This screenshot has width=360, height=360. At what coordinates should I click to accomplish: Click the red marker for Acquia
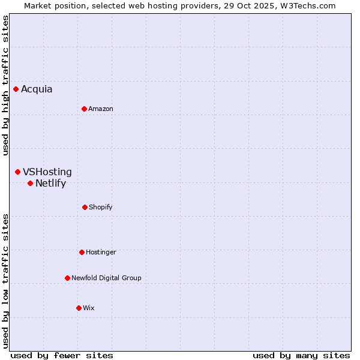(16, 89)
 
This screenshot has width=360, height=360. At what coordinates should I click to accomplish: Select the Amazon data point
(85, 109)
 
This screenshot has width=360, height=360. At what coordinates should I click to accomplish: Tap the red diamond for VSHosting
(18, 172)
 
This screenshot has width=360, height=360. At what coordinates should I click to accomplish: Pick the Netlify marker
(31, 183)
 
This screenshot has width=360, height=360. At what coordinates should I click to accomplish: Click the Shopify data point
(85, 207)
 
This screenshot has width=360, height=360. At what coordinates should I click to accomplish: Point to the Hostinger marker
(82, 252)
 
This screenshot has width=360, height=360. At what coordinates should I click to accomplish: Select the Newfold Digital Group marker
(68, 278)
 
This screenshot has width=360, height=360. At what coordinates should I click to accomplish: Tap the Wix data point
(79, 308)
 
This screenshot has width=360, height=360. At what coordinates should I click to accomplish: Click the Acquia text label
(37, 89)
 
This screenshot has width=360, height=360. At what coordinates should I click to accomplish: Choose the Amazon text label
(101, 109)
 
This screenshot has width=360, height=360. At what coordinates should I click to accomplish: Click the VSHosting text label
(47, 172)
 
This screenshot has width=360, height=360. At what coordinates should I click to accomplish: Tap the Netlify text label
(50, 184)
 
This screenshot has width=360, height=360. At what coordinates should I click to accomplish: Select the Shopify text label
(101, 207)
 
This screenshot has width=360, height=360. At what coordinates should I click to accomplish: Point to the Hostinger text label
(101, 252)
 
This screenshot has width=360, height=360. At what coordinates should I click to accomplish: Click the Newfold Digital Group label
(106, 278)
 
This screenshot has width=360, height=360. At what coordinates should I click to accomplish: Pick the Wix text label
(89, 308)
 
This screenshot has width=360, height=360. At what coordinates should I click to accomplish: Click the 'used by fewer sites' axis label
(62, 355)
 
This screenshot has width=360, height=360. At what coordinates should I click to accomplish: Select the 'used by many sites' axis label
(301, 355)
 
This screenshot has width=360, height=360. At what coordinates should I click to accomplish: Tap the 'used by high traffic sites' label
(5, 85)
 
